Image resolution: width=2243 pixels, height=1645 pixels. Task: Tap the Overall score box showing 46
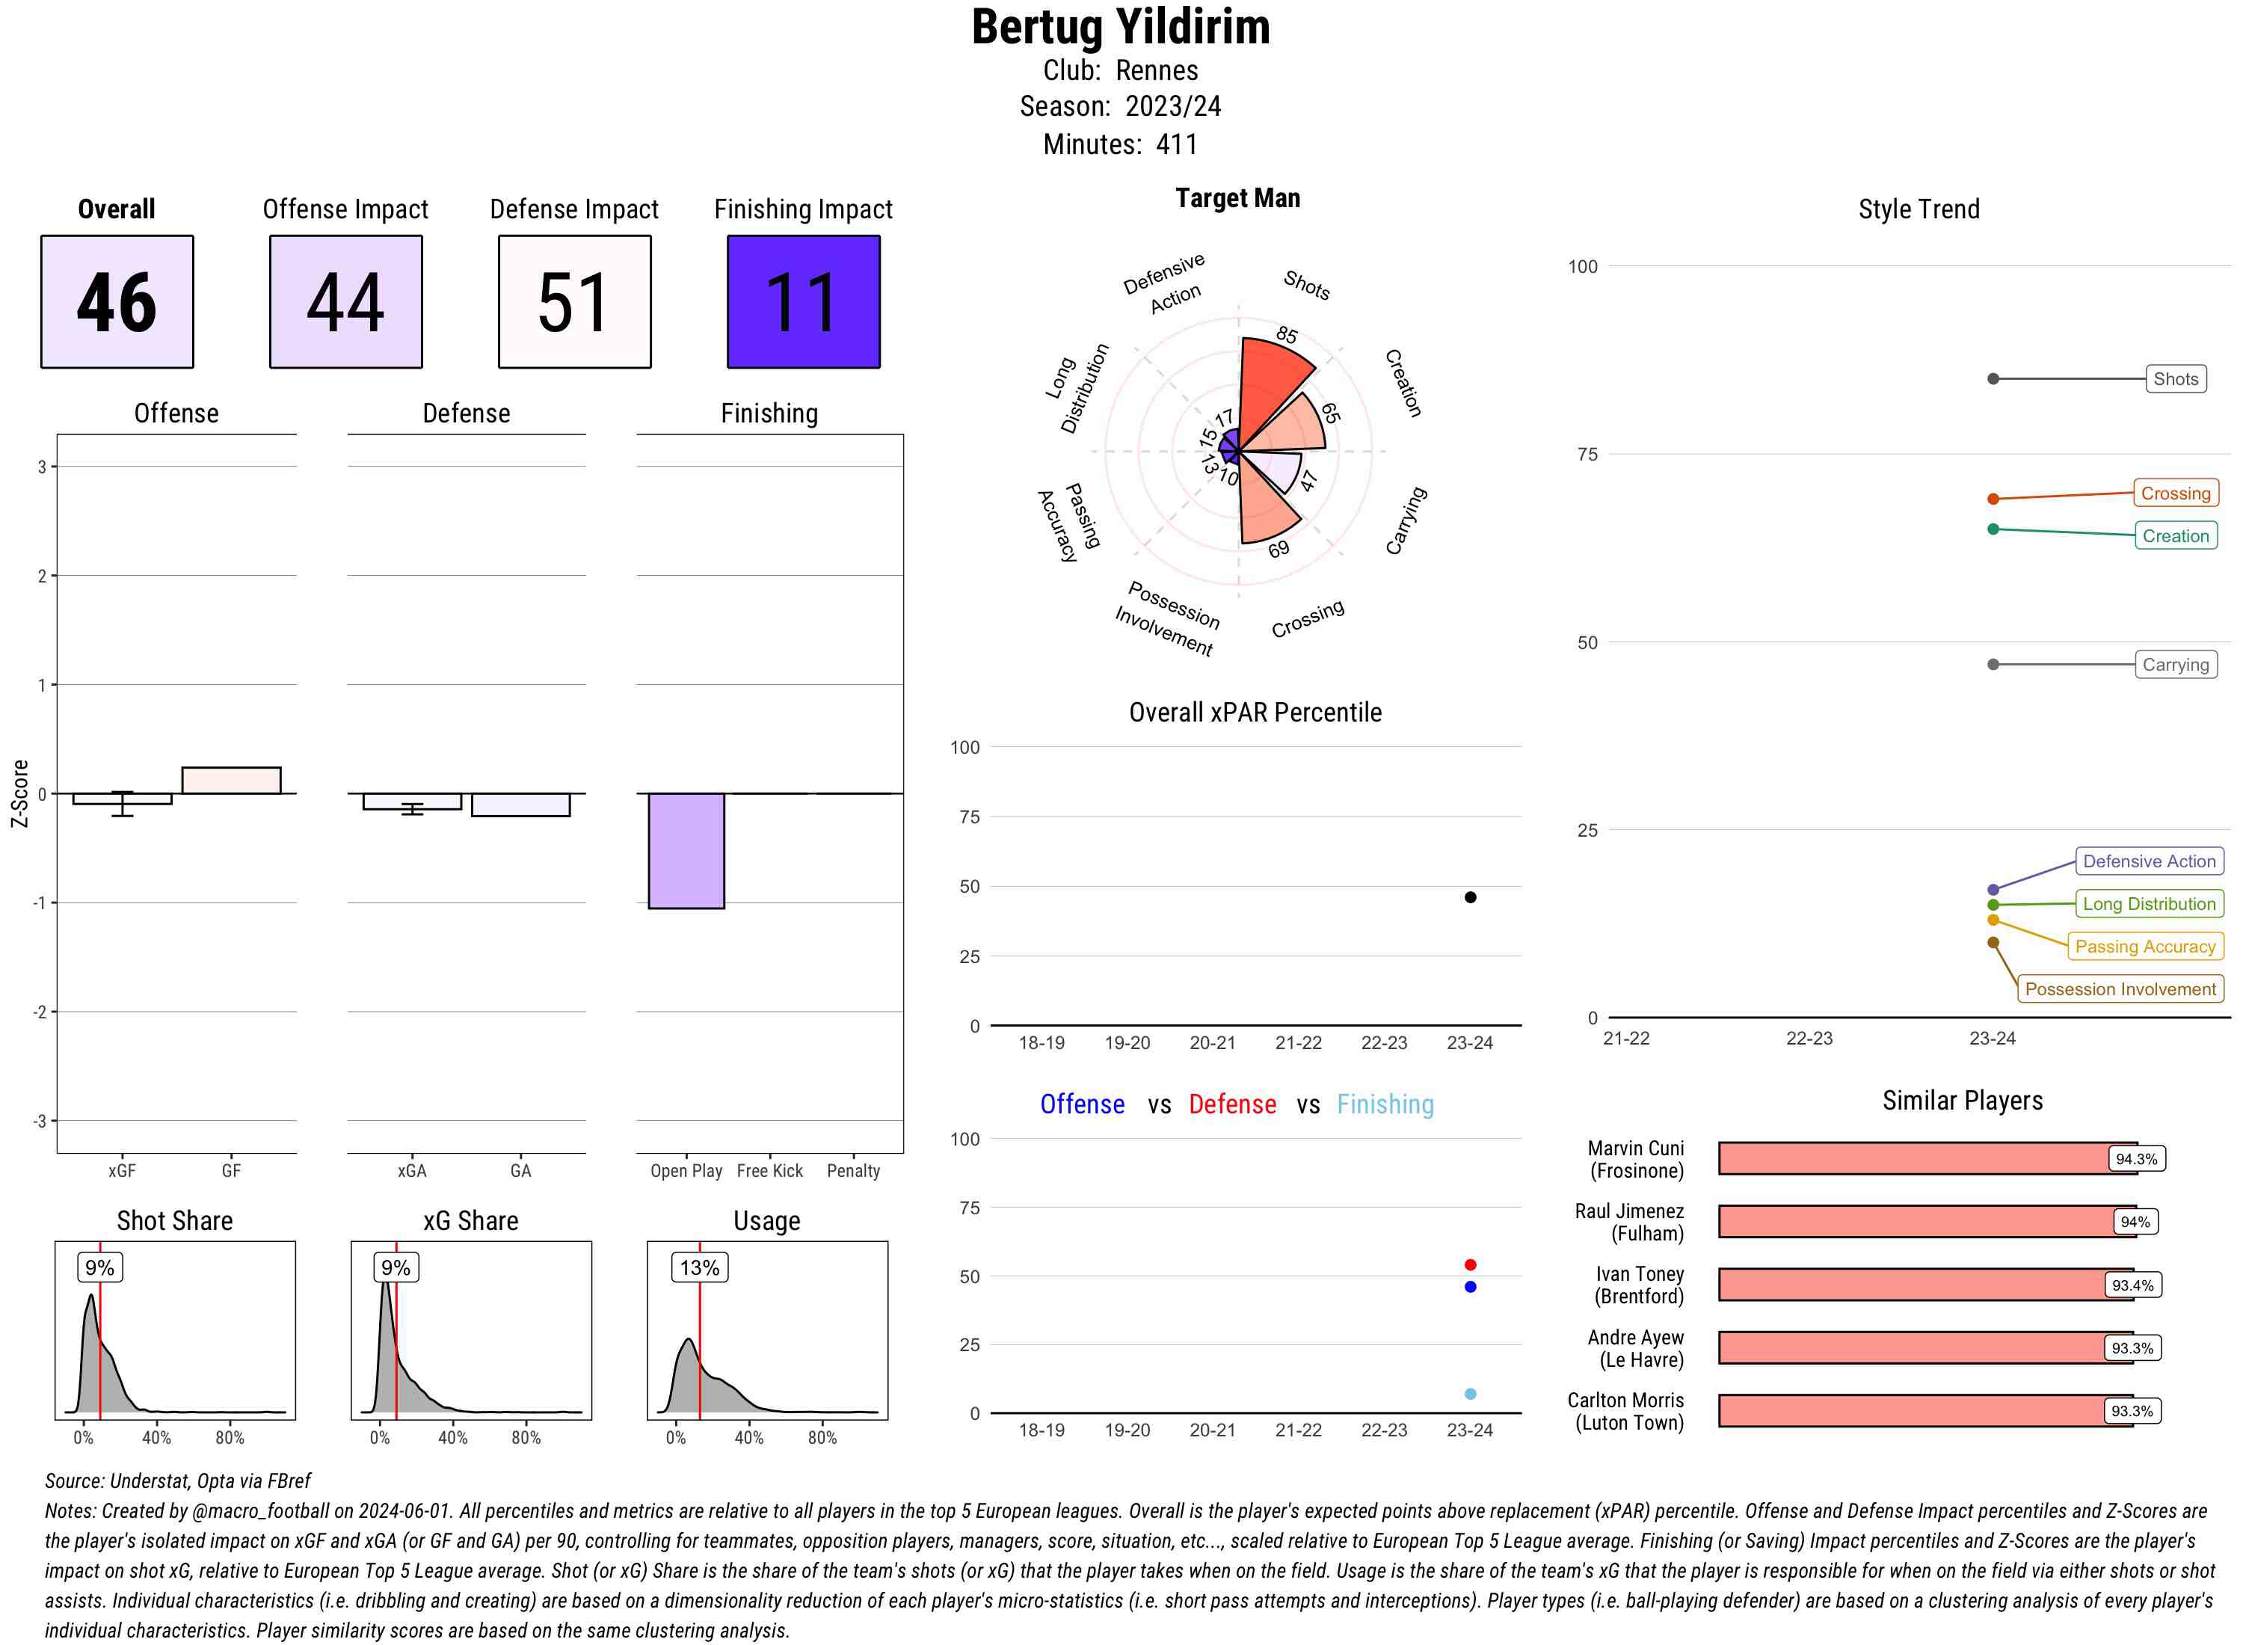(117, 302)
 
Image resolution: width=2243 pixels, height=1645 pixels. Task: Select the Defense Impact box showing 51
(574, 302)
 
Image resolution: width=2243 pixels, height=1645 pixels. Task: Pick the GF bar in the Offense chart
(231, 780)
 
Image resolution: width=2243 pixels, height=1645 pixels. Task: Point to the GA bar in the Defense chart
(520, 805)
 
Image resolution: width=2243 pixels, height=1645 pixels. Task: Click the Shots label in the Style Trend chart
(2174, 378)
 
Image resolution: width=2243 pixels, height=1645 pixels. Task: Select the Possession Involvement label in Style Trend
(2120, 988)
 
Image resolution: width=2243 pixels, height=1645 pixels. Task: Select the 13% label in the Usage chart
(699, 1267)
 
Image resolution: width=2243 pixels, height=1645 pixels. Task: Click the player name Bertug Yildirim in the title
(1120, 28)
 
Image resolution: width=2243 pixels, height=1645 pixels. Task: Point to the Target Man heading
(1237, 198)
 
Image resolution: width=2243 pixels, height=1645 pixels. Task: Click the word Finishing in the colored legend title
(1385, 1104)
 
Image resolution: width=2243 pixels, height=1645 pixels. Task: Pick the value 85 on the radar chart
(1286, 334)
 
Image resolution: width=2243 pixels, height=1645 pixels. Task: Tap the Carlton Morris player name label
(1625, 1411)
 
